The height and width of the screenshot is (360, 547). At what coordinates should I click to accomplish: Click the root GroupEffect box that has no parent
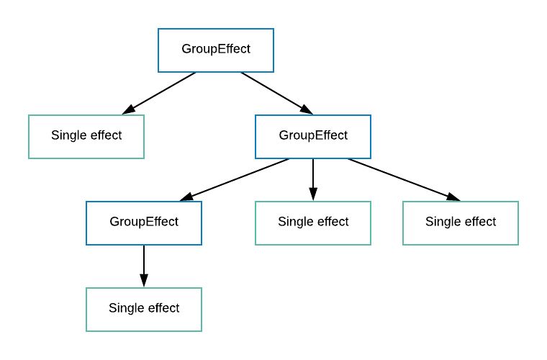click(x=216, y=50)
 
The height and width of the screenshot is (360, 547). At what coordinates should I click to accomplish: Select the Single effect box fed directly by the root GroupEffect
click(x=86, y=136)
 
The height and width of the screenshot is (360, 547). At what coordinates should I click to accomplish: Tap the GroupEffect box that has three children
click(x=313, y=136)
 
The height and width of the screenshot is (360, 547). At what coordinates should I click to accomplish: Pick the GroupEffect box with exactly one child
click(x=144, y=222)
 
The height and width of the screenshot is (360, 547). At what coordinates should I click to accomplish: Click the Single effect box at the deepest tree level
click(x=144, y=308)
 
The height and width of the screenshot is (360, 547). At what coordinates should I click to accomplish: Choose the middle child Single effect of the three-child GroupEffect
click(x=313, y=222)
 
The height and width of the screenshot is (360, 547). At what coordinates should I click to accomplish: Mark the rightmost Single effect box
click(x=461, y=222)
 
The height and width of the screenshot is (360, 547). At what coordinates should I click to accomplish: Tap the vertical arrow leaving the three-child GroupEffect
click(x=313, y=176)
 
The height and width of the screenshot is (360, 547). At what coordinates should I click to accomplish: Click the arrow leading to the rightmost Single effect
click(x=403, y=179)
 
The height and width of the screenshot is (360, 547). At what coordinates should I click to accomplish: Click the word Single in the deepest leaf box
click(x=125, y=308)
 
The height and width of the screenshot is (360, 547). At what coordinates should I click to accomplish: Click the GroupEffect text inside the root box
click(x=216, y=50)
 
